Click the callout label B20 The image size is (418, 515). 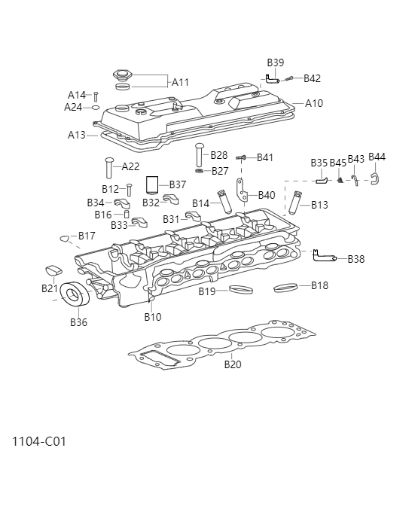click(233, 365)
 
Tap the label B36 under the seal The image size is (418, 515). click(78, 322)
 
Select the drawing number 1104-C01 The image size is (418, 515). click(39, 441)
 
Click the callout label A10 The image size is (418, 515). click(314, 103)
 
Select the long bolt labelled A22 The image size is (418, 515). click(109, 166)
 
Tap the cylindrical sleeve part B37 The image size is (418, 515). click(154, 184)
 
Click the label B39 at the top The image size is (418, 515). click(276, 62)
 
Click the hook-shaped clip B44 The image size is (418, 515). click(374, 179)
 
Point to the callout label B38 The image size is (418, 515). click(356, 259)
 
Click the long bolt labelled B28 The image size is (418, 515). click(200, 154)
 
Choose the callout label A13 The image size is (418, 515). click(77, 135)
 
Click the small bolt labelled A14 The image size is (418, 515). click(96, 96)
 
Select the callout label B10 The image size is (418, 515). click(153, 317)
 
